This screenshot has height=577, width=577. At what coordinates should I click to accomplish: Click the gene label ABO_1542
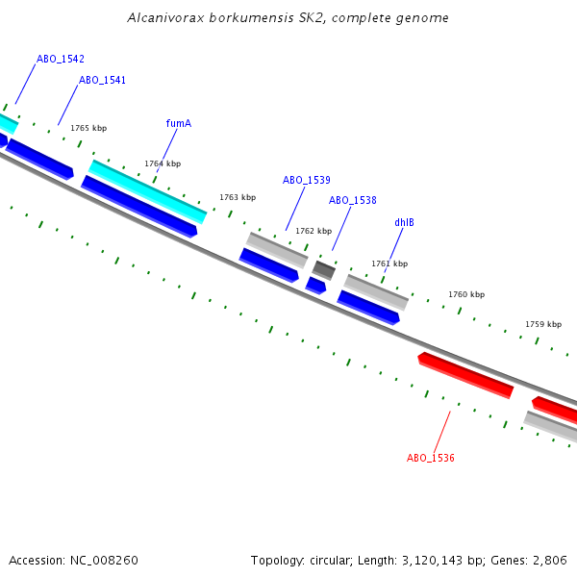click(61, 59)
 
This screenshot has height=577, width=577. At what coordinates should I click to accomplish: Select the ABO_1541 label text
click(102, 80)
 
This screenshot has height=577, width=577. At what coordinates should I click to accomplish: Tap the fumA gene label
click(179, 123)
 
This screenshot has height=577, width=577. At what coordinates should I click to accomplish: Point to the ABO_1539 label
click(307, 180)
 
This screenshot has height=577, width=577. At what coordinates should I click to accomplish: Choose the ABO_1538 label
click(353, 200)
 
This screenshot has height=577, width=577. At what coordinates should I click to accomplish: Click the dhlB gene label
click(405, 222)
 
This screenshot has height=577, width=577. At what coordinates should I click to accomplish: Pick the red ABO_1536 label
click(431, 458)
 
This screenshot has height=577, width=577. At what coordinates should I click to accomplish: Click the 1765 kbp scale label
click(88, 128)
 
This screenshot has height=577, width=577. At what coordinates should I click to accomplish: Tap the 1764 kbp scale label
click(163, 163)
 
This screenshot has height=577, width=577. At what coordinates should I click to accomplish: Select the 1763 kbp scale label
click(238, 197)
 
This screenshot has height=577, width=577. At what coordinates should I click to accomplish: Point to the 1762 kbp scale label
click(314, 231)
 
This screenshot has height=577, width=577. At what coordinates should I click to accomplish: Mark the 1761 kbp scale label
click(389, 263)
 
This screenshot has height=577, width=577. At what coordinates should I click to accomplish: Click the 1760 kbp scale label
click(466, 294)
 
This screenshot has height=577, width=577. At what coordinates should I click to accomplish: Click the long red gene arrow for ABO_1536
click(466, 374)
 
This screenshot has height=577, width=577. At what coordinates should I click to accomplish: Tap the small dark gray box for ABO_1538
click(324, 269)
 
